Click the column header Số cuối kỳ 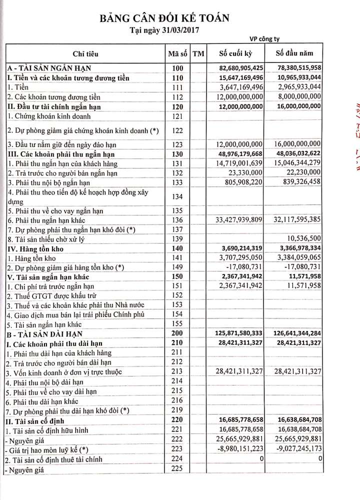(241, 54)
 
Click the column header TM (198, 54)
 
